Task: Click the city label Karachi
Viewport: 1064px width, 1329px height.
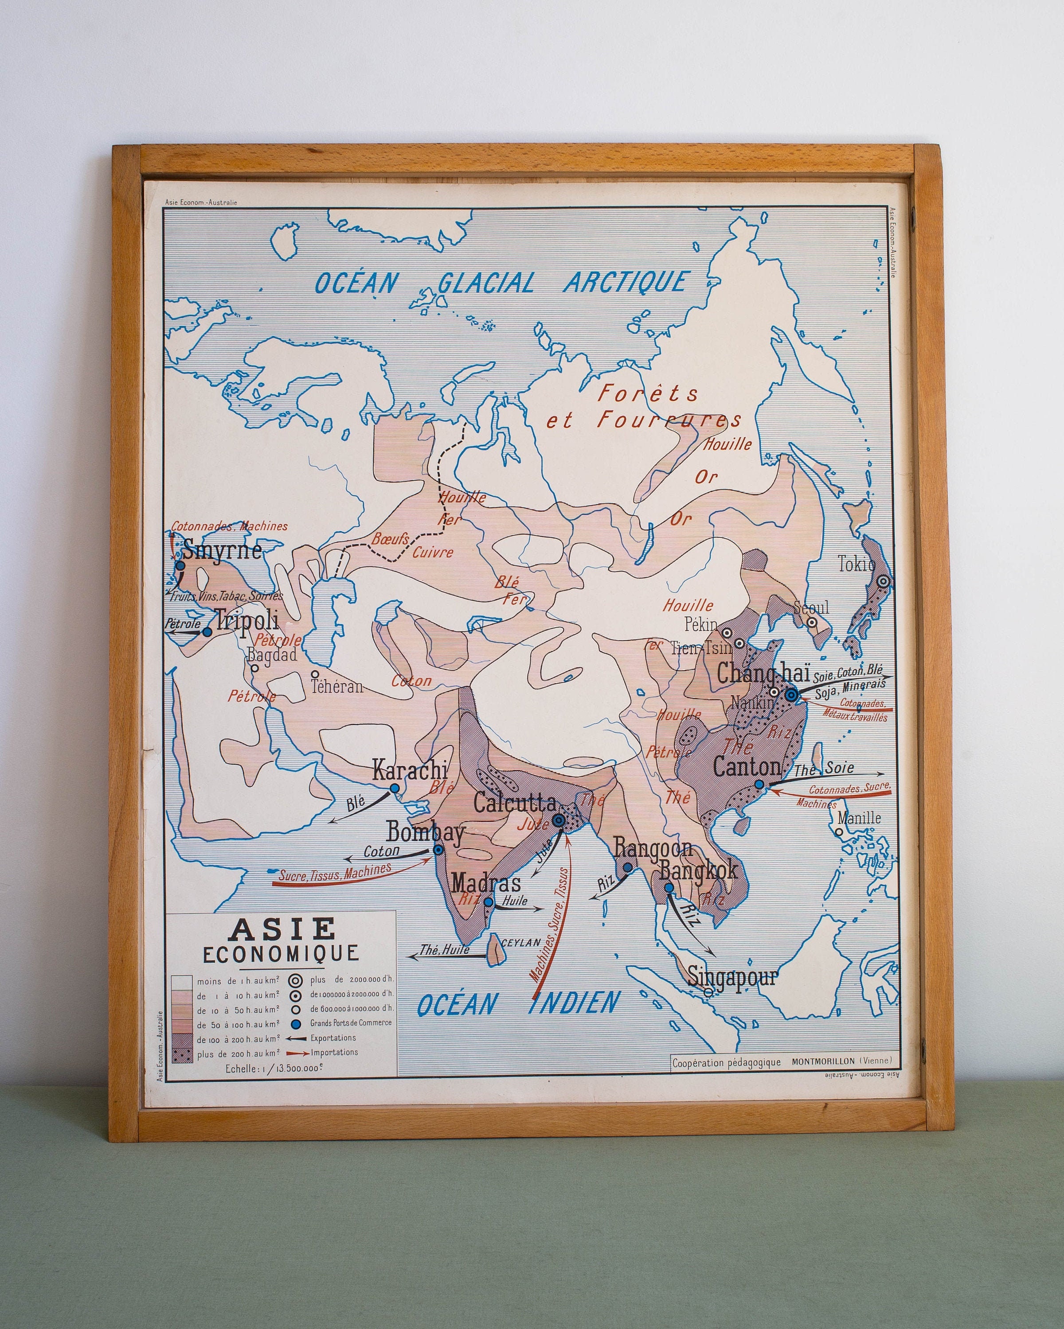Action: point(410,770)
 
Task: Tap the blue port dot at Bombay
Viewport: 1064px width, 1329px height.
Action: point(438,849)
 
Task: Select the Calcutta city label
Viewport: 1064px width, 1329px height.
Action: point(515,803)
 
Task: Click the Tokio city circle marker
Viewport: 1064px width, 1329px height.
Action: point(883,581)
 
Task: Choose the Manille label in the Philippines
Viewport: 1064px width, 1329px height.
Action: point(859,818)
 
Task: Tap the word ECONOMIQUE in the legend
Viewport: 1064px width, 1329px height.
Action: point(281,954)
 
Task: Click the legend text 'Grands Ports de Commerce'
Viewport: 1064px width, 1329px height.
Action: point(350,1022)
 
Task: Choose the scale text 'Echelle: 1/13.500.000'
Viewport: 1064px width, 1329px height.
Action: point(273,1068)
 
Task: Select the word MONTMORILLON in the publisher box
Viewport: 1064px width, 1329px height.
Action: point(823,1061)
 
